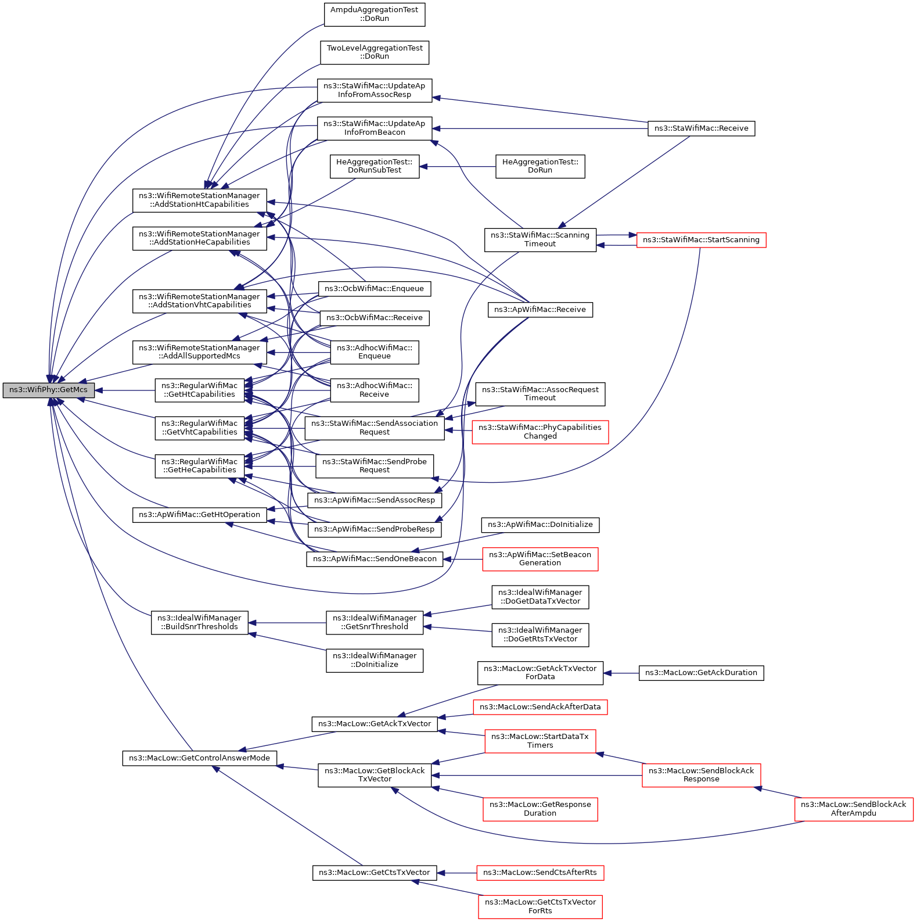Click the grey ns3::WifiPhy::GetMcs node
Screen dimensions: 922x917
click(x=48, y=390)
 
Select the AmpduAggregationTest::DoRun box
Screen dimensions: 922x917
click(x=375, y=15)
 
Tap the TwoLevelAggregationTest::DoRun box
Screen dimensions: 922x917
click(x=375, y=52)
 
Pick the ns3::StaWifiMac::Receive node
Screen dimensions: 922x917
click(x=701, y=128)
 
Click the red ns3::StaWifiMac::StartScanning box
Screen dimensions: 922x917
click(x=701, y=240)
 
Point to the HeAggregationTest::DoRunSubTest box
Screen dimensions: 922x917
click(x=375, y=166)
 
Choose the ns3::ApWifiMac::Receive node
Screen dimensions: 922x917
click(x=540, y=310)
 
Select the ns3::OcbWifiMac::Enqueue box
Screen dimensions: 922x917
click(x=375, y=289)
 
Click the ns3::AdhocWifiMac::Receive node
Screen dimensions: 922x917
click(x=375, y=390)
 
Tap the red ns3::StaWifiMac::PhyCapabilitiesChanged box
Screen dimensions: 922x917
click(x=540, y=432)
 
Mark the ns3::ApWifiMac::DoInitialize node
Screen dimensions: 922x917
click(x=540, y=525)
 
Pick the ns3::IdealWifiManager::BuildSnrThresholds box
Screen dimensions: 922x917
click(x=200, y=622)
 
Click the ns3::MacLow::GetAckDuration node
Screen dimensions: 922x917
click(x=701, y=673)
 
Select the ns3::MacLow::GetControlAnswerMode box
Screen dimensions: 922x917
click(x=200, y=758)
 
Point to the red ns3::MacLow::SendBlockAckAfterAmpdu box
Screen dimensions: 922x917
click(x=854, y=809)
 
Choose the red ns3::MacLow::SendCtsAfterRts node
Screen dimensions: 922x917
click(x=540, y=873)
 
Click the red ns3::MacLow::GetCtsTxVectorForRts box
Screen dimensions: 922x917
click(x=540, y=906)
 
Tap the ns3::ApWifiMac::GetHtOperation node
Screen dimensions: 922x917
click(x=200, y=515)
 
